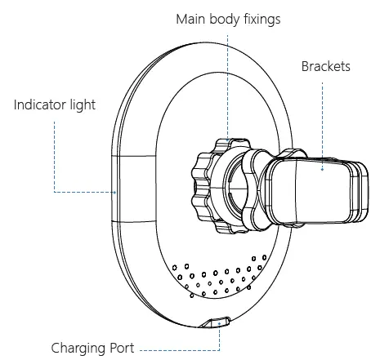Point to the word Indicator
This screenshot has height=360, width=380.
[41, 104]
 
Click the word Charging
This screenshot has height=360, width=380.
[79, 346]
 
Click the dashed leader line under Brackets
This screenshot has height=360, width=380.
[322, 114]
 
